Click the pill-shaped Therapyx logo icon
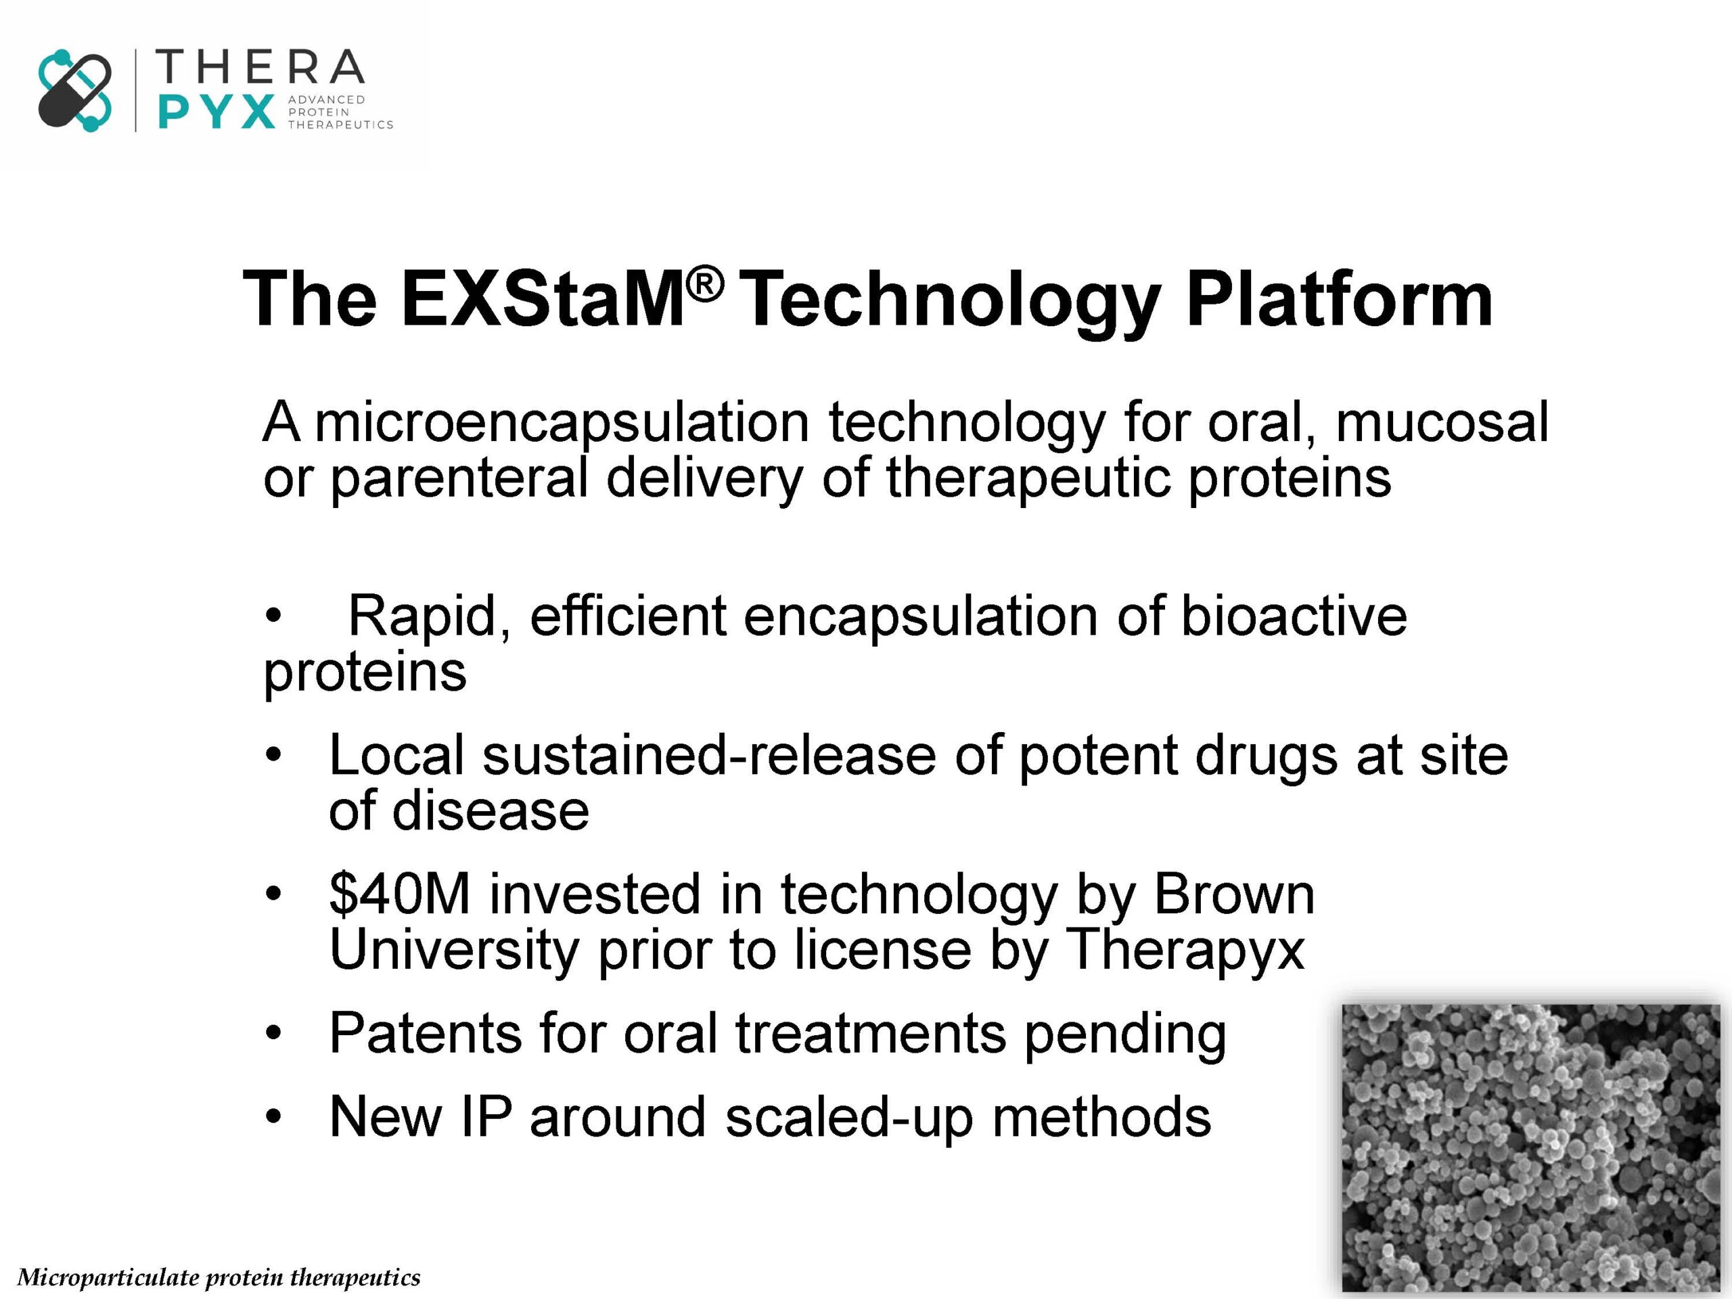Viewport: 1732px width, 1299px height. (75, 90)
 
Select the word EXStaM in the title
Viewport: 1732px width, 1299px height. (543, 299)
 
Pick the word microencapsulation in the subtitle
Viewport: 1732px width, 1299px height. (562, 424)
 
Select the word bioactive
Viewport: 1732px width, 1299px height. (1294, 616)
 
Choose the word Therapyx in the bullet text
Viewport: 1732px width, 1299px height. (1185, 951)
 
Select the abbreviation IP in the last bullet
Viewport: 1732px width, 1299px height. (486, 1116)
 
